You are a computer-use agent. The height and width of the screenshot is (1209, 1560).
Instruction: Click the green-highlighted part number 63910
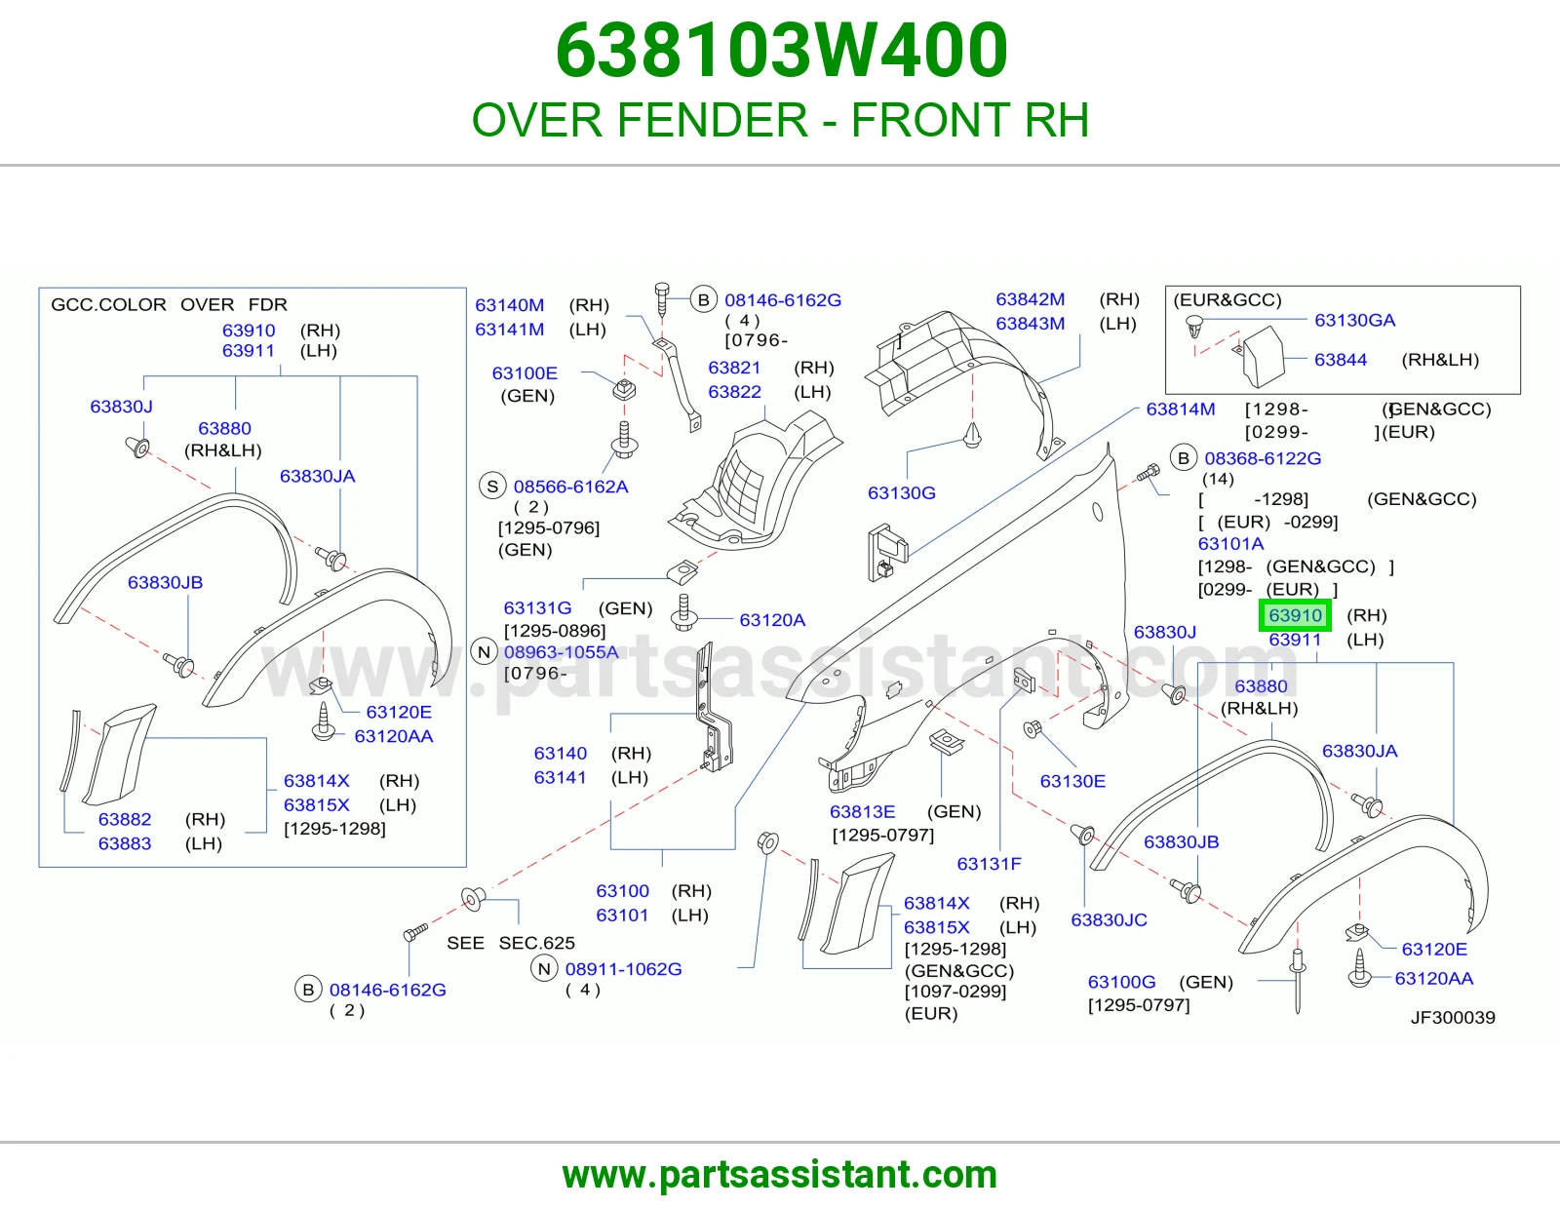coord(1295,615)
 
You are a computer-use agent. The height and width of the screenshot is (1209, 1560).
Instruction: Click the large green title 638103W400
coord(782,51)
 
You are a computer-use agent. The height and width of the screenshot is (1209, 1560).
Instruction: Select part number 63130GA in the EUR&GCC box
coord(1354,320)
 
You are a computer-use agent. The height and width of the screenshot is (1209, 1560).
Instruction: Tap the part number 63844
coord(1341,360)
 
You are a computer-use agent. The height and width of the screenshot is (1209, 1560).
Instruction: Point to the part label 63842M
coord(1031,299)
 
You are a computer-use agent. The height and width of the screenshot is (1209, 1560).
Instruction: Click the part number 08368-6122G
coord(1263,458)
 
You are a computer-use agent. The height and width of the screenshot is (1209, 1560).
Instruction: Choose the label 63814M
coord(1180,409)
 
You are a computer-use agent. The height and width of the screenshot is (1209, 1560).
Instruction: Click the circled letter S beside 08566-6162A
coord(492,487)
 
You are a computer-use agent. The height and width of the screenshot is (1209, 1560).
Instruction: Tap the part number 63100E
coord(525,373)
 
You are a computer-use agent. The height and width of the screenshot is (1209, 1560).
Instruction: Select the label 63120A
coord(772,620)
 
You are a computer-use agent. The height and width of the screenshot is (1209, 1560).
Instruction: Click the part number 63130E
coord(1072,781)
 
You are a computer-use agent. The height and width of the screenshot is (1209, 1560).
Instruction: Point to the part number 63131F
coord(989,864)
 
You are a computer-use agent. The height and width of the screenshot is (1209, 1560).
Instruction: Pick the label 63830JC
coord(1110,919)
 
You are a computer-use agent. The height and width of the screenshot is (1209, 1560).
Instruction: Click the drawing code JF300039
coord(1453,1017)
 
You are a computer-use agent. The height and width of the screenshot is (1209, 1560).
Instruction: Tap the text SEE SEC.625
coord(511,943)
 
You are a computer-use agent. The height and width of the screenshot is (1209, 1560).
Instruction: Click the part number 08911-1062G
coord(623,969)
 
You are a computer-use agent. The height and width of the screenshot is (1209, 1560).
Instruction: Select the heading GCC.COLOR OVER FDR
coord(169,304)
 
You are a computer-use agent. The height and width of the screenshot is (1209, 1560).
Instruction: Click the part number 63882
coord(125,819)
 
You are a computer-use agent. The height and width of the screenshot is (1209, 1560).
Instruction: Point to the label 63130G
coord(902,493)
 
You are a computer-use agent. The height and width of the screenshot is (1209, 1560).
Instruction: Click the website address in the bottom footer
coord(780,1175)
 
